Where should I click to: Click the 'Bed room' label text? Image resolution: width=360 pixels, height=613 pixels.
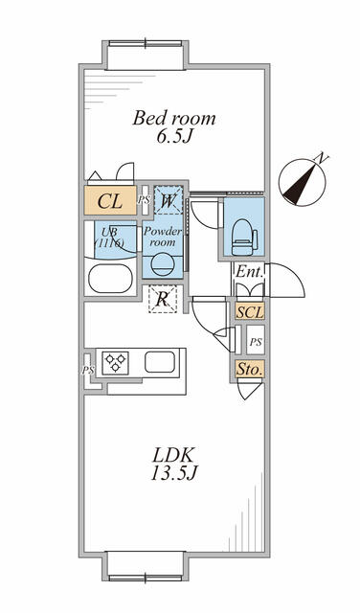[174, 118]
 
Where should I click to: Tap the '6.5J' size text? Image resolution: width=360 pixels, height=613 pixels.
[174, 137]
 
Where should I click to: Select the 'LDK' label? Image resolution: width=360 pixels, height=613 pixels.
[173, 456]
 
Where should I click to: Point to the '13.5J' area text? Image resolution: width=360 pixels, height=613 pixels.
[173, 473]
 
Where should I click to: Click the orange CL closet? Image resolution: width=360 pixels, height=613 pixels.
[111, 200]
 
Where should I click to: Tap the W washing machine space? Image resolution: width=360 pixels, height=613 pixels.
[169, 200]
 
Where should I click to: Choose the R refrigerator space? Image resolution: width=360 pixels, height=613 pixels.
[163, 299]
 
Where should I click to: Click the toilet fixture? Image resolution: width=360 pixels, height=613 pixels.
[245, 237]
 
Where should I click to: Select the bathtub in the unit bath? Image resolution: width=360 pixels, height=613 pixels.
[110, 279]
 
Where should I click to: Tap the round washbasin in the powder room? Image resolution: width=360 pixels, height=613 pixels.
[162, 264]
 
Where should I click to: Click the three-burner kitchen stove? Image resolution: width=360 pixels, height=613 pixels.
[115, 363]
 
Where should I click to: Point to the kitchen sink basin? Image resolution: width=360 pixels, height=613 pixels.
[160, 362]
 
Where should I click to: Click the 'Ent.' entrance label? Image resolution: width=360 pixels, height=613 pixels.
[249, 271]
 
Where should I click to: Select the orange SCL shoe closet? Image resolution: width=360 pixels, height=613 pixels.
[250, 312]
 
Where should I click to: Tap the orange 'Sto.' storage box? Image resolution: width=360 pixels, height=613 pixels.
[250, 369]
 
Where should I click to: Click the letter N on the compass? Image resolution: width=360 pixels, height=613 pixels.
[321, 157]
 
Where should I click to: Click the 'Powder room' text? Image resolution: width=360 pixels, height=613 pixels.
[163, 237]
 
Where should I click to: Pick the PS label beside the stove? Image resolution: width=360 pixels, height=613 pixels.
[88, 370]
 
